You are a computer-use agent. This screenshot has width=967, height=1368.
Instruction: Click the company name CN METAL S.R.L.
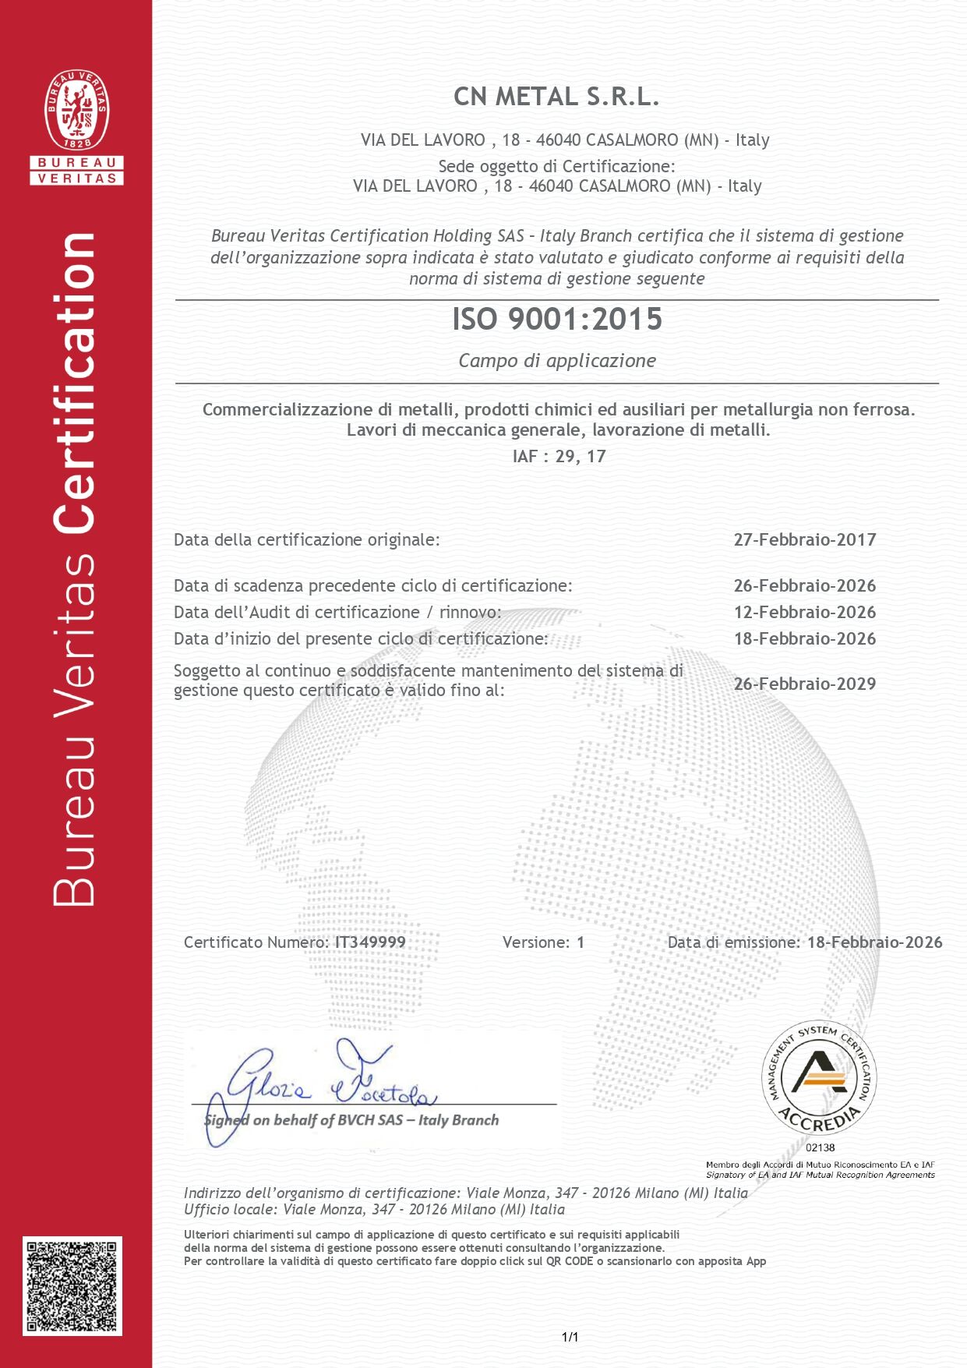click(x=556, y=97)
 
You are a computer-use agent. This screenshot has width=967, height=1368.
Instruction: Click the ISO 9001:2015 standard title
click(x=557, y=320)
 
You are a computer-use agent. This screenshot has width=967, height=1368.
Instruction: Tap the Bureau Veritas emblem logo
click(x=76, y=111)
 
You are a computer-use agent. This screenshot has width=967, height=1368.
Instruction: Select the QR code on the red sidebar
click(x=72, y=1285)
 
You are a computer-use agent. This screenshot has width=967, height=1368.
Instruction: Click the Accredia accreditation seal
click(x=819, y=1078)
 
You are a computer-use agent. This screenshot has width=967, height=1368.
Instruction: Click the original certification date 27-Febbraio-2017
click(x=804, y=539)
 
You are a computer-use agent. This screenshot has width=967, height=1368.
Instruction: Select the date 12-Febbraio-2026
click(x=804, y=613)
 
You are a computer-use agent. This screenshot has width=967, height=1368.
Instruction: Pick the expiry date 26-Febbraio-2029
click(x=804, y=684)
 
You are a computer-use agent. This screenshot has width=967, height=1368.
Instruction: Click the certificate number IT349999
click(x=370, y=942)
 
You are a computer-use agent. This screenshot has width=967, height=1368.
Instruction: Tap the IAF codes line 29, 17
click(x=559, y=457)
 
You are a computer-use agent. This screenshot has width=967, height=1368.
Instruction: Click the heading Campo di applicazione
click(x=557, y=361)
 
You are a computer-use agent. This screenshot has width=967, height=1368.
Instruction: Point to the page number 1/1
click(x=570, y=1338)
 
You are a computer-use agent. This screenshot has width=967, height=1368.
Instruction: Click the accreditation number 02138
click(x=820, y=1147)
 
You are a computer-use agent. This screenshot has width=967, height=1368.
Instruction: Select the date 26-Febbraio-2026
click(x=804, y=585)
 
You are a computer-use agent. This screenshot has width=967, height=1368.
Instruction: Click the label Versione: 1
click(x=543, y=942)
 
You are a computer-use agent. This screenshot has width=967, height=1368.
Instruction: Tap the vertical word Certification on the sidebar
click(x=76, y=382)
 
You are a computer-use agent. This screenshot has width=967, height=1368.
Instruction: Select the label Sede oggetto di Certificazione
click(x=556, y=166)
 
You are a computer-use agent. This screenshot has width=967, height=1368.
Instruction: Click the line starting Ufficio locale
click(x=374, y=1209)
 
